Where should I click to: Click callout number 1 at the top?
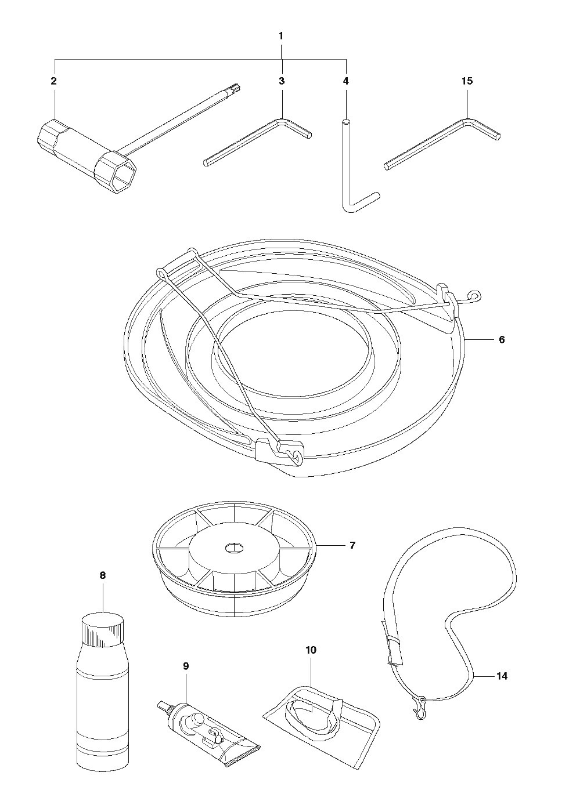(x=281, y=36)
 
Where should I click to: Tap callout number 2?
(x=53, y=81)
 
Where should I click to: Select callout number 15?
(x=467, y=81)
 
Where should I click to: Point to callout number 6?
(x=502, y=340)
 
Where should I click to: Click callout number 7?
(x=352, y=556)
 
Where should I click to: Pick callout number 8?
(x=103, y=575)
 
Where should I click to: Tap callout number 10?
(x=311, y=650)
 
